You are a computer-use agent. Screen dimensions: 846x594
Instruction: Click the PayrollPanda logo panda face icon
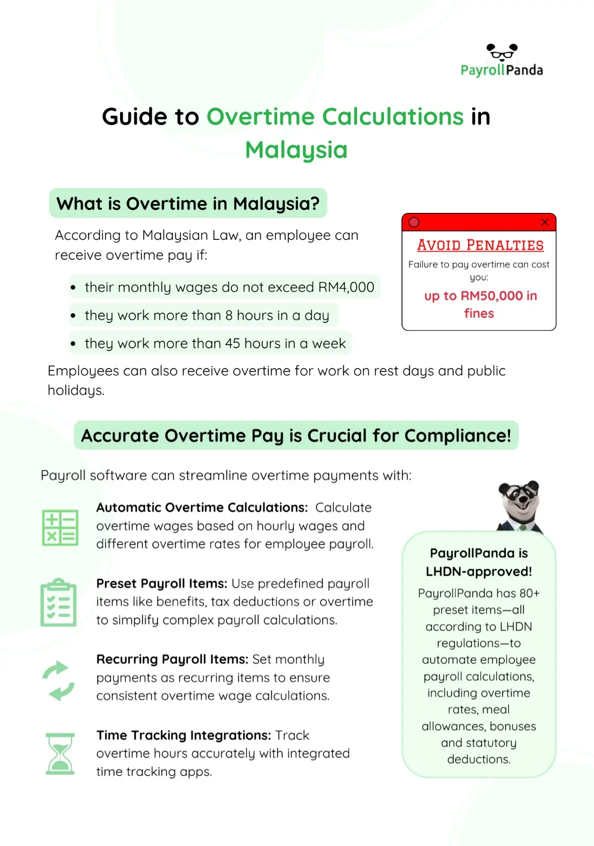coord(502,52)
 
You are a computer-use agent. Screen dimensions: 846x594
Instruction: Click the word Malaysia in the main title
coord(296,149)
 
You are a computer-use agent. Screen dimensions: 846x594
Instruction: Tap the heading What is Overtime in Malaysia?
coord(188,203)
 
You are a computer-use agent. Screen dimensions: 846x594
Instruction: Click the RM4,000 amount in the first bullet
coord(346,287)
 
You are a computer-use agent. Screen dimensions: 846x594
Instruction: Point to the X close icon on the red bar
coord(544,222)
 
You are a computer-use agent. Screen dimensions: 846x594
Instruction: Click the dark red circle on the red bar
coord(414,222)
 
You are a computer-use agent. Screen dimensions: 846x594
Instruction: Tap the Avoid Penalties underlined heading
coord(480,245)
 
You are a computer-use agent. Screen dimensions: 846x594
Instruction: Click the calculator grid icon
coord(60,528)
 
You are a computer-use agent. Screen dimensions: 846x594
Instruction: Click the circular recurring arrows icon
coord(58,680)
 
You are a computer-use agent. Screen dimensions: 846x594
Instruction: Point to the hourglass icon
coord(60,754)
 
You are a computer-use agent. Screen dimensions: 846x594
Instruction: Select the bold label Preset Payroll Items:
coord(161,583)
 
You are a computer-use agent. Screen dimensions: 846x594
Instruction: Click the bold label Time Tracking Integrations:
coord(183,735)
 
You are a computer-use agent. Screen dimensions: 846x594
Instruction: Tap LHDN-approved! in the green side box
coord(478,571)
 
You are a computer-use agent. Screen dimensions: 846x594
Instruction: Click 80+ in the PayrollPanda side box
coord(529,593)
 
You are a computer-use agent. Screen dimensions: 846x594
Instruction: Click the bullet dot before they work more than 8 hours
coord(73,316)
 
